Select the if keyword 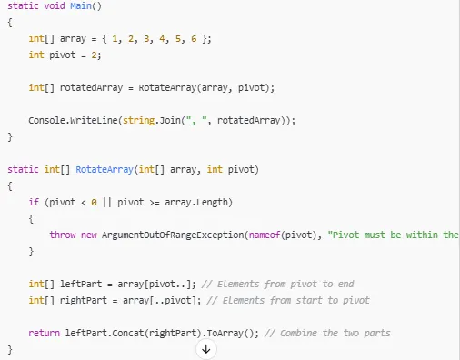34,202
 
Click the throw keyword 63,235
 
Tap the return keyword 45,333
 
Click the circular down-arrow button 206,350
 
